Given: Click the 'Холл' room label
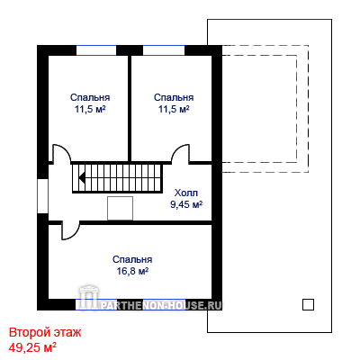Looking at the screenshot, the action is point(186,193).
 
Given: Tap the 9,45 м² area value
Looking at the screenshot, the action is point(186,204).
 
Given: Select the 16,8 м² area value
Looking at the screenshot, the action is point(132,271).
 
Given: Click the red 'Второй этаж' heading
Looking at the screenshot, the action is point(45,332).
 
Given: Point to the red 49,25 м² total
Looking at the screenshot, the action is point(32,347).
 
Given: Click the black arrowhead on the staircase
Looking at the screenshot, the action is point(82,177).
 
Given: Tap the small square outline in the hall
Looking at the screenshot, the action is point(120,208).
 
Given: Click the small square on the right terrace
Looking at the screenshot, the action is point(308,304).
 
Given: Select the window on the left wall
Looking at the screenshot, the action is point(42,196).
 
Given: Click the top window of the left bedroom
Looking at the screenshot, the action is point(96,50).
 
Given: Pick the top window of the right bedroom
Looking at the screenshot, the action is point(164,50).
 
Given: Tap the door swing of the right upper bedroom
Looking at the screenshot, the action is point(180,154).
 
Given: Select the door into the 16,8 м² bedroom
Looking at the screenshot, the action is point(70,230).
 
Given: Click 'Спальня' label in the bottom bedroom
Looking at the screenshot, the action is point(132,259).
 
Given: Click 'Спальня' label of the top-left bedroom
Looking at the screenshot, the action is point(90,97).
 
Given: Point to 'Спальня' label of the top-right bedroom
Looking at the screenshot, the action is point(174,97).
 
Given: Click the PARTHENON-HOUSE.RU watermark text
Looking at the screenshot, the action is point(161,305).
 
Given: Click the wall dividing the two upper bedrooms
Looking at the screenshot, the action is point(130,108).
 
